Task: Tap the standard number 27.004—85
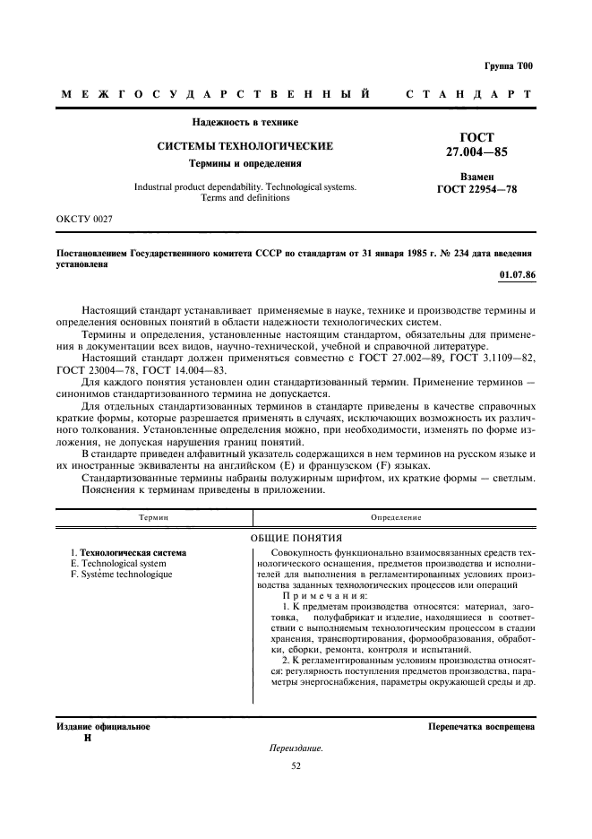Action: click(x=476, y=152)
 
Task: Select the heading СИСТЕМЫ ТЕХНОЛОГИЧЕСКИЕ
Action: click(x=245, y=145)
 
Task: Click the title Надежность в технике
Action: click(x=245, y=122)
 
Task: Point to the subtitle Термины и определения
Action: click(x=245, y=164)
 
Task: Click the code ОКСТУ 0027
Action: click(x=84, y=218)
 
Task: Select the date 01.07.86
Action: click(x=517, y=274)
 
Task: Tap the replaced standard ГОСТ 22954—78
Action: click(x=476, y=190)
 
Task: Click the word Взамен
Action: click(x=476, y=177)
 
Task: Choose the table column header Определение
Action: click(x=396, y=517)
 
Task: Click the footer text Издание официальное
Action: click(x=99, y=727)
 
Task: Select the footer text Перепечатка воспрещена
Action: click(x=481, y=727)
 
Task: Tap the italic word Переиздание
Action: click(x=295, y=748)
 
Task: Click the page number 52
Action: click(x=296, y=765)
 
